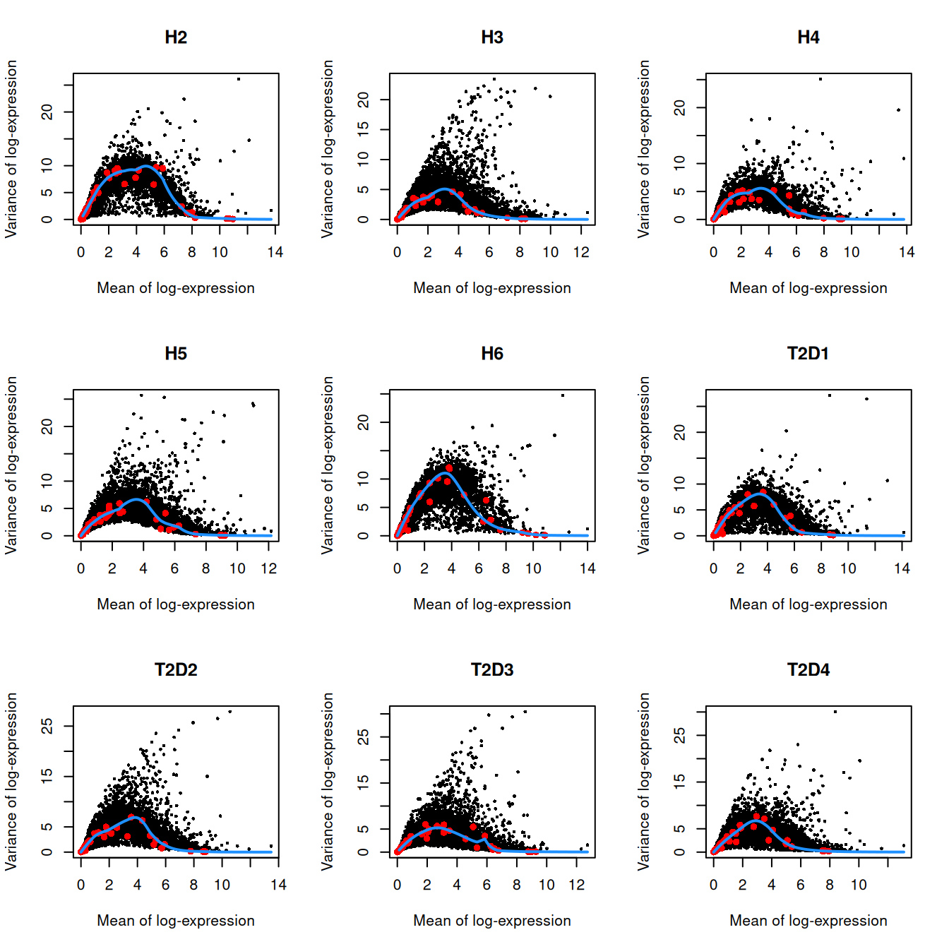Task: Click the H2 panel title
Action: point(176,37)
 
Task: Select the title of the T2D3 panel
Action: point(492,670)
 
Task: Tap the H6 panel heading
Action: point(492,354)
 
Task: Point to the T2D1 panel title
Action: point(808,354)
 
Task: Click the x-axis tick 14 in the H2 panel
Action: point(275,252)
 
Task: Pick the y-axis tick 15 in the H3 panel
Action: point(363,129)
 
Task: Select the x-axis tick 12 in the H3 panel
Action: point(581,252)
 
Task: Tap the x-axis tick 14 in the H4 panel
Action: point(907,252)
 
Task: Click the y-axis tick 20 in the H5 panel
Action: point(47,426)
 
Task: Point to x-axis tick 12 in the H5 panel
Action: point(268,568)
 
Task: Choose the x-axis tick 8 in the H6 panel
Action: point(506,568)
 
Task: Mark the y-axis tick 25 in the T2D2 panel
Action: point(47,726)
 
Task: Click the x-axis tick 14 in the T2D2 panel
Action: point(278,885)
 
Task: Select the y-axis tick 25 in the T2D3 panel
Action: point(363,737)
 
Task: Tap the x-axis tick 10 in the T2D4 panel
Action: point(859,885)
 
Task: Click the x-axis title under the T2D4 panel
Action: point(808,921)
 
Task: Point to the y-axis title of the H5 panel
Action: point(11,465)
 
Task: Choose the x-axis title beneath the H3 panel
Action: point(492,288)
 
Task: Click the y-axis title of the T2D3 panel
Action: point(328,781)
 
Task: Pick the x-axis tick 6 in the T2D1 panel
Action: point(794,568)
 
